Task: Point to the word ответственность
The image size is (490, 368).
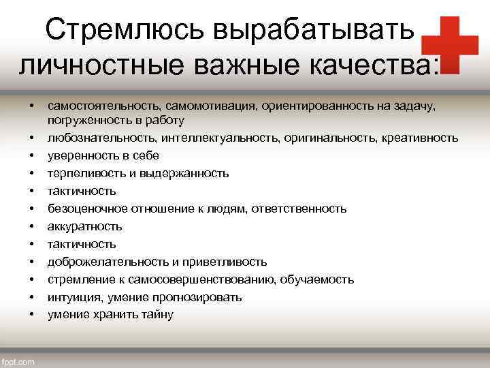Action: (299, 209)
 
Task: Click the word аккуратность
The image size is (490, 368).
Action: (85, 226)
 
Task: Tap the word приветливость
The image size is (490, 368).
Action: (229, 262)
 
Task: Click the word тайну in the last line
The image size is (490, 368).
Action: (159, 315)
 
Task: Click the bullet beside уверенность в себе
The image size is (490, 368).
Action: (31, 155)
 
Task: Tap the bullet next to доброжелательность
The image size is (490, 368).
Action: (31, 262)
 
